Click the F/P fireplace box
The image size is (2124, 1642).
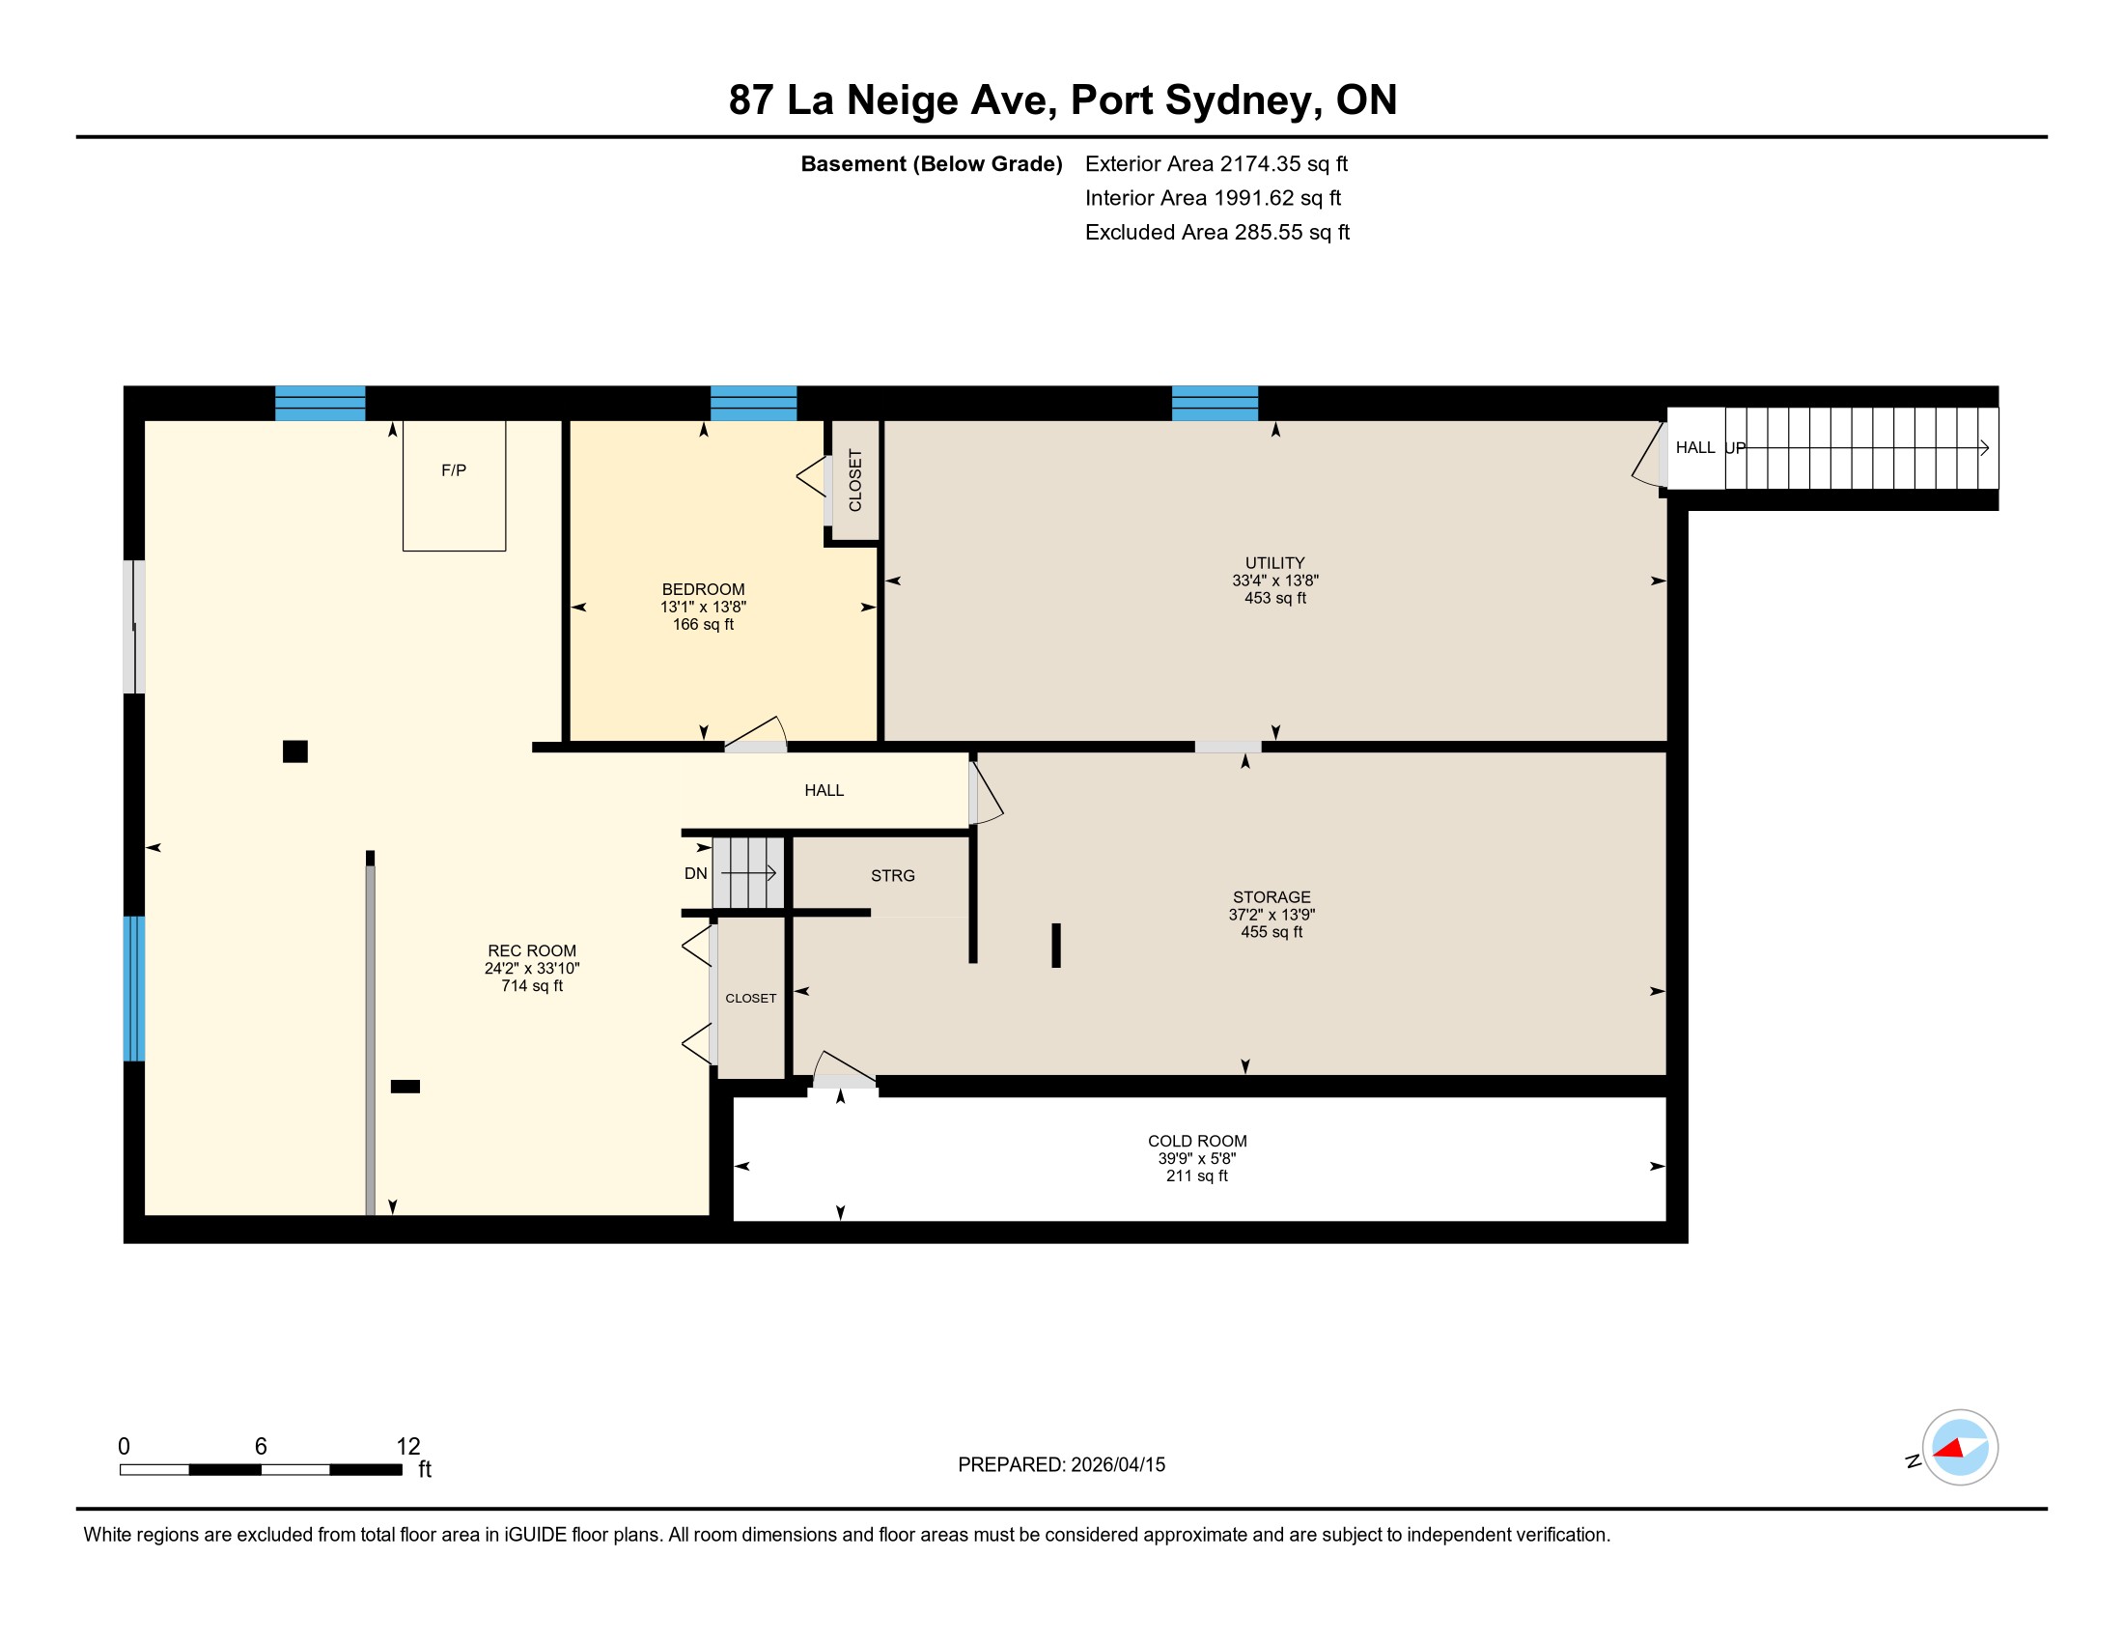point(454,486)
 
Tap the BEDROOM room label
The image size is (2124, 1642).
point(703,589)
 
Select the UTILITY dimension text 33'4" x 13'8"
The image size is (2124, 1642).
point(1275,580)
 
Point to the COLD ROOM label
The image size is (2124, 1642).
point(1197,1141)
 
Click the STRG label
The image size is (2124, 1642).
point(893,875)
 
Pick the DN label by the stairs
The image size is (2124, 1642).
point(695,873)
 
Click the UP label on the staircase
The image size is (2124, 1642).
point(1736,448)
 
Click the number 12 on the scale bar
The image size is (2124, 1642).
point(408,1447)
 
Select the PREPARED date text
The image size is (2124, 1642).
point(1061,1465)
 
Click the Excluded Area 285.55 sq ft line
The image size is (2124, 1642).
point(1217,233)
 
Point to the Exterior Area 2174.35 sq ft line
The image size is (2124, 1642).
point(1216,164)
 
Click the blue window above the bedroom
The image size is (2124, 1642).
point(754,404)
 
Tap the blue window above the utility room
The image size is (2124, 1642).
point(1215,404)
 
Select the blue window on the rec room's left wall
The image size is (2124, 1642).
point(134,988)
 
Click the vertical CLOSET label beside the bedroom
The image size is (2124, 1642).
point(855,481)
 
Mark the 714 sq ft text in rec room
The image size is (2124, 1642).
point(532,986)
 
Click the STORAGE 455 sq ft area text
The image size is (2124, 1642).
point(1272,932)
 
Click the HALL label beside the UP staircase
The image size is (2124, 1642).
point(1695,447)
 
